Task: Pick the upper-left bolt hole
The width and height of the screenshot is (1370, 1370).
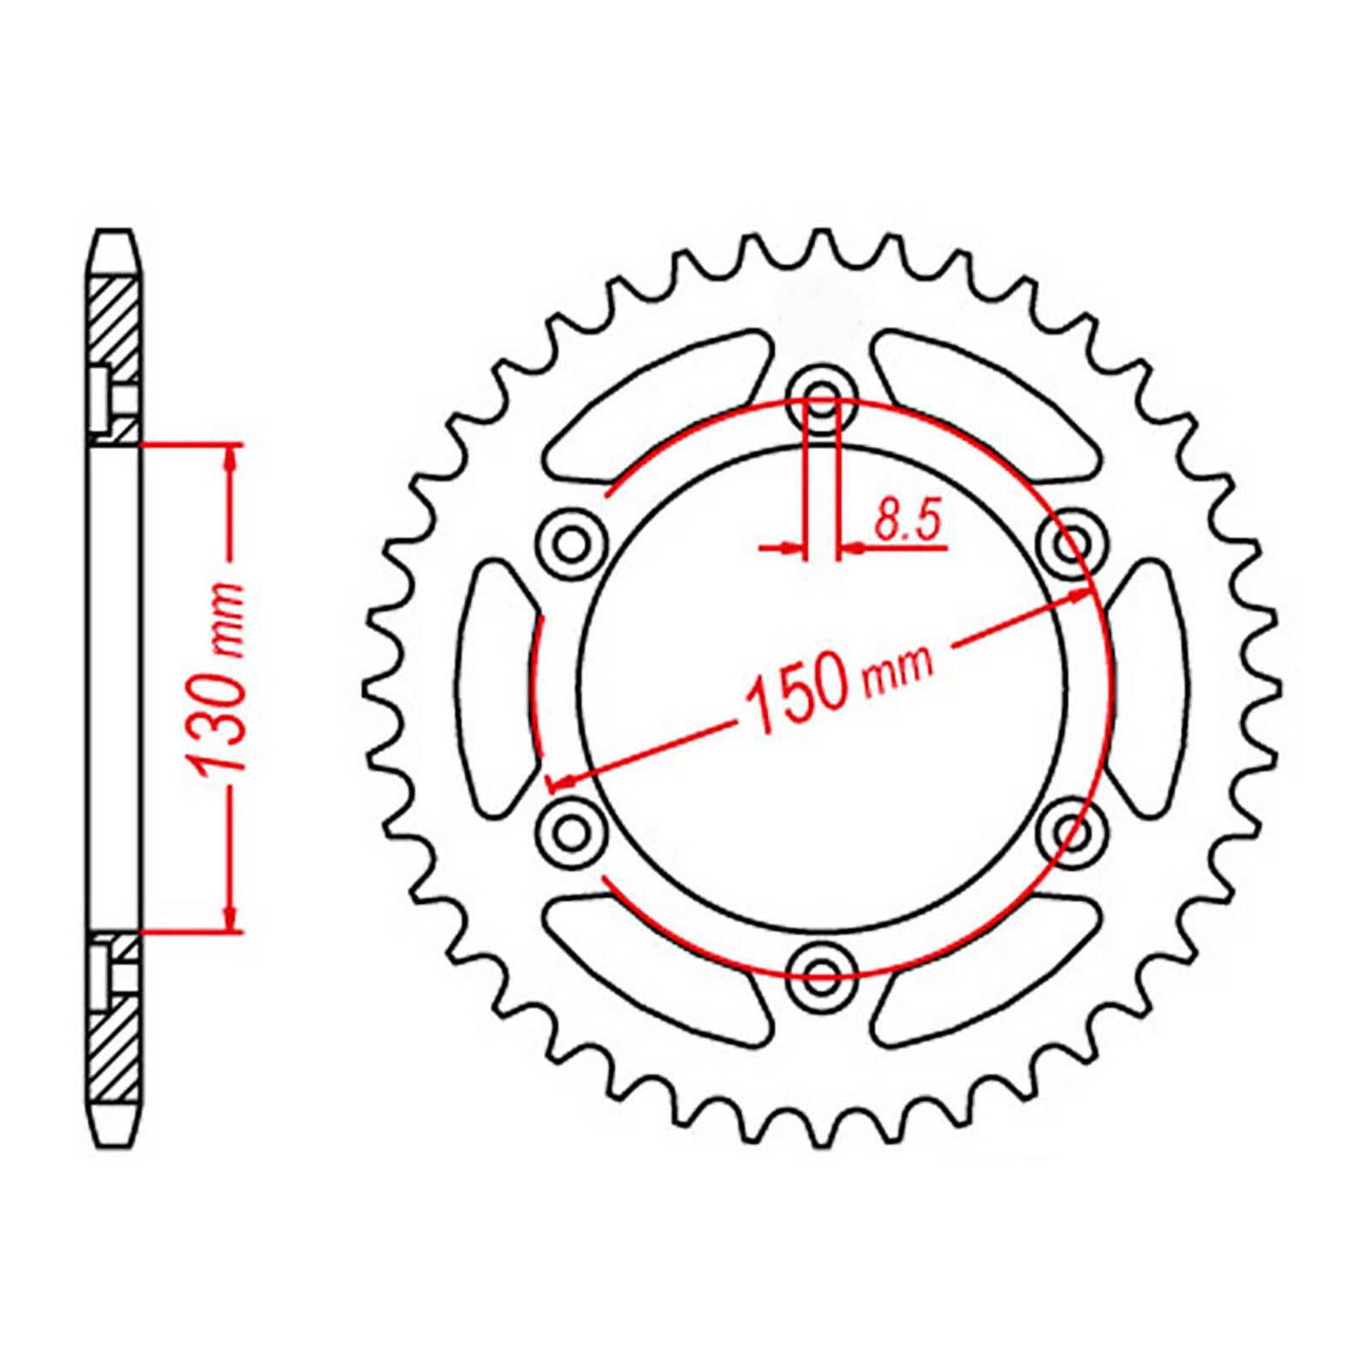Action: click(x=571, y=541)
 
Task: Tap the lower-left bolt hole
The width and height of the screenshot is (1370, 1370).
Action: click(x=571, y=828)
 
